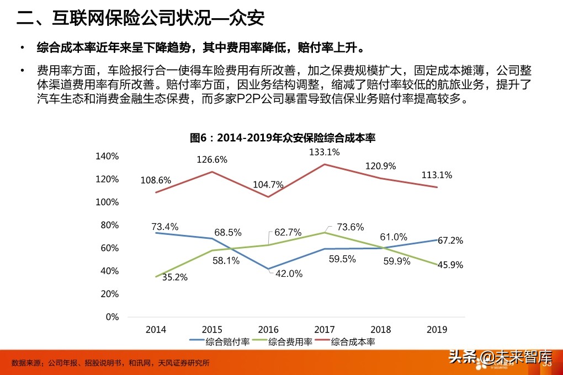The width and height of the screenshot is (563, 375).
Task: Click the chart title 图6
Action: [282, 138]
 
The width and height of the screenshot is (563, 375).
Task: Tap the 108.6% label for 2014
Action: [156, 180]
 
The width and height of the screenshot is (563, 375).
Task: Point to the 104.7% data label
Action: [268, 185]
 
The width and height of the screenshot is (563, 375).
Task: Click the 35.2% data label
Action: [174, 277]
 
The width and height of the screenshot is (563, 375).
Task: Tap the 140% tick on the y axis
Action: [107, 156]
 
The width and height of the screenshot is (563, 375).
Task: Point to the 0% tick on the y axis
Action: [112, 317]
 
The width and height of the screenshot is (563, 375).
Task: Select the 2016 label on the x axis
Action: [268, 330]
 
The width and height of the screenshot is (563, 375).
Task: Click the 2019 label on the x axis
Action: [437, 330]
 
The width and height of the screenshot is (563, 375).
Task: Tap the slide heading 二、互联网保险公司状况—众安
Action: [141, 19]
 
